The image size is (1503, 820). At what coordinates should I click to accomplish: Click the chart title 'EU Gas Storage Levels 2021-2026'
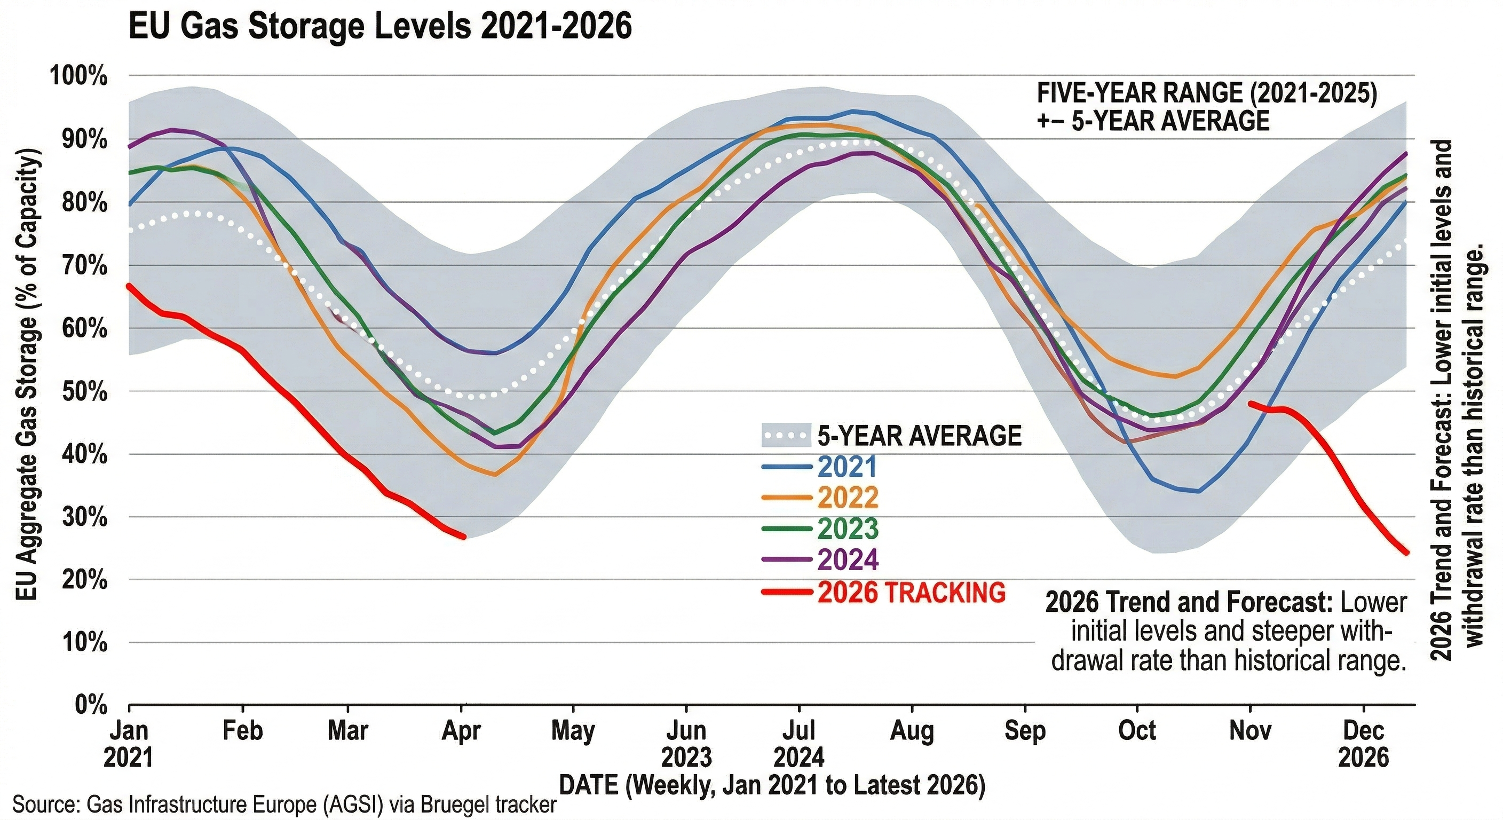coord(380,27)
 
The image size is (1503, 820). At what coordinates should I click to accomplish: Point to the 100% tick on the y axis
coord(80,76)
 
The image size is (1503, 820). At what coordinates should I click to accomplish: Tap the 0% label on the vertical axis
coord(91,706)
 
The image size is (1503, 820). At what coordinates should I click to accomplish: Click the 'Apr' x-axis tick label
coord(462,731)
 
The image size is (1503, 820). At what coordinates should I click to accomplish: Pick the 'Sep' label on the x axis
coord(1025,731)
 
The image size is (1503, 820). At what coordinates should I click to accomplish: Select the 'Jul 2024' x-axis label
coord(799,744)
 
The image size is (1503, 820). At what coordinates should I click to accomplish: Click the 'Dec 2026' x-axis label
coord(1363,744)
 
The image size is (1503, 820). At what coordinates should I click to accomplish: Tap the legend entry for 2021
coord(847,466)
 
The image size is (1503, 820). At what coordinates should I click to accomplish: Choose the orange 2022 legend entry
coord(847,497)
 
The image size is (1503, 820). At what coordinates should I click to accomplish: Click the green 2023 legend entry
coord(847,528)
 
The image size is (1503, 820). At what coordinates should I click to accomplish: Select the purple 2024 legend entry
coord(847,559)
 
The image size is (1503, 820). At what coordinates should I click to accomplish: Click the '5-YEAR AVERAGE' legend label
coord(919,436)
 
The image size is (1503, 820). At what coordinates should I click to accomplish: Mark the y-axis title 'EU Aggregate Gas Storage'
coord(27,374)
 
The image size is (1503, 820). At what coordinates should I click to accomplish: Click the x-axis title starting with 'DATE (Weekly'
coord(772,785)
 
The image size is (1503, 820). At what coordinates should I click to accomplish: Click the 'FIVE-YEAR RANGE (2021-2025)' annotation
coord(1207,93)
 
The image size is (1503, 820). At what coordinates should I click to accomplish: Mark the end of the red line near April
coord(464,537)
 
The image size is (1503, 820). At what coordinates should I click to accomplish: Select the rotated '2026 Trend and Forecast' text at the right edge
coord(1455,400)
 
